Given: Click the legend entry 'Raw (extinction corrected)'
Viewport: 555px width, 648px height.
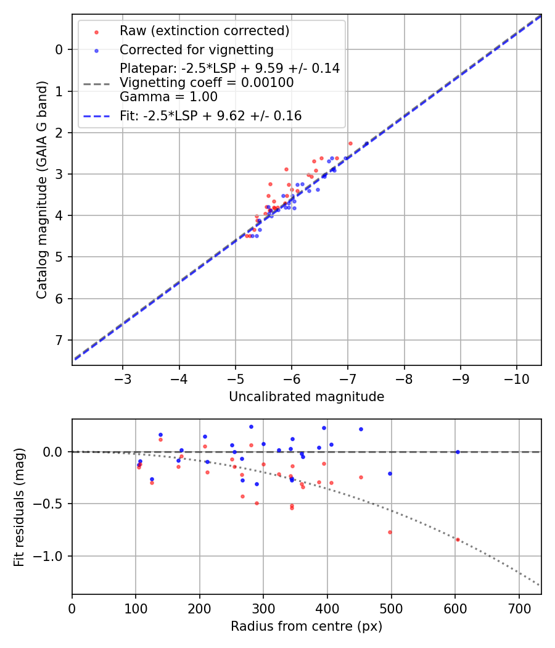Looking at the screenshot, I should (x=204, y=31).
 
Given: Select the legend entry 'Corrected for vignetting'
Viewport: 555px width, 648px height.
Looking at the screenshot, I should (x=196, y=50).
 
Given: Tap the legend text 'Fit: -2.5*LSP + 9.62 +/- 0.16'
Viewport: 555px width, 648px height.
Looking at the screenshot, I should (x=210, y=116).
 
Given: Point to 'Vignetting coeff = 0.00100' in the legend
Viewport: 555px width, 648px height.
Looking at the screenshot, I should (x=207, y=83).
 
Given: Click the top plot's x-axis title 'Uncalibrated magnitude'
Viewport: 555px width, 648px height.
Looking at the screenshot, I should (x=306, y=397).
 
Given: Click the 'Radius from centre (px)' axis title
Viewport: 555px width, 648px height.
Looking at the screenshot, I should (x=306, y=626).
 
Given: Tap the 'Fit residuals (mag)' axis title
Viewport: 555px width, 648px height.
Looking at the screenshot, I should (x=19, y=507).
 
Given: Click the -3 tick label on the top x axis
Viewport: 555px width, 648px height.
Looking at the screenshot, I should (x=123, y=378).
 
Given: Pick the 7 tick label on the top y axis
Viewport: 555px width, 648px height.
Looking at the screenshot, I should (x=59, y=341).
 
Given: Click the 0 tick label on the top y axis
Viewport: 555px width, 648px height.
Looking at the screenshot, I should (x=59, y=49).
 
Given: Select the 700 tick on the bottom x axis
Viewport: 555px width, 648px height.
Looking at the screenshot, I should (x=519, y=607).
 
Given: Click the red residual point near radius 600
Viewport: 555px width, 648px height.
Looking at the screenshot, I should (x=458, y=539).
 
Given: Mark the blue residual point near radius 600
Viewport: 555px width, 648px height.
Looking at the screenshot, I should (x=458, y=452).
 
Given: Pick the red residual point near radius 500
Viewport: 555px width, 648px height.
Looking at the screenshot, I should (x=390, y=532).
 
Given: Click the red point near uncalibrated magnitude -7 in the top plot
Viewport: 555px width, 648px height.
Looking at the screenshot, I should (x=350, y=143).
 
